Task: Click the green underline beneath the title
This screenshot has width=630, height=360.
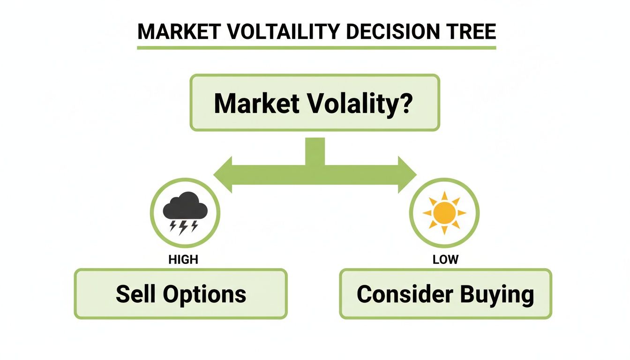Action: (x=316, y=47)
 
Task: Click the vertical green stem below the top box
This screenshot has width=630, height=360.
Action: (x=315, y=151)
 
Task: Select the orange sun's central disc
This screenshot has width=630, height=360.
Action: (x=444, y=212)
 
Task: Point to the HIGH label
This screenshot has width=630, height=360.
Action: (x=183, y=259)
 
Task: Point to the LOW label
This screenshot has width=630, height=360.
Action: (x=445, y=259)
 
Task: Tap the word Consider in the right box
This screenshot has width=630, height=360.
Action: (x=405, y=294)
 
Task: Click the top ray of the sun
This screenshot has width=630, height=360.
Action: (x=444, y=196)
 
